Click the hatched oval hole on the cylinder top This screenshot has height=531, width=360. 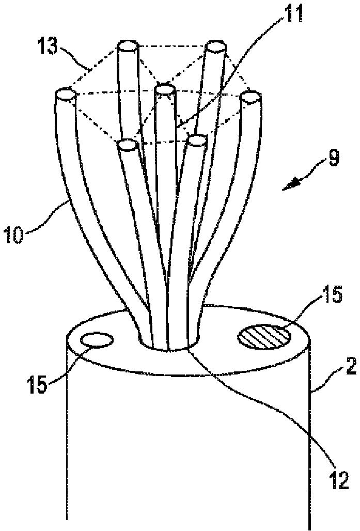point(264,338)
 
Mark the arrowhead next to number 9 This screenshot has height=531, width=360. point(290,184)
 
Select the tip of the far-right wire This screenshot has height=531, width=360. point(251,97)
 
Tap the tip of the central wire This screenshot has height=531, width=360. point(164,90)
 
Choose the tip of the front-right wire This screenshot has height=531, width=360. point(197,141)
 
